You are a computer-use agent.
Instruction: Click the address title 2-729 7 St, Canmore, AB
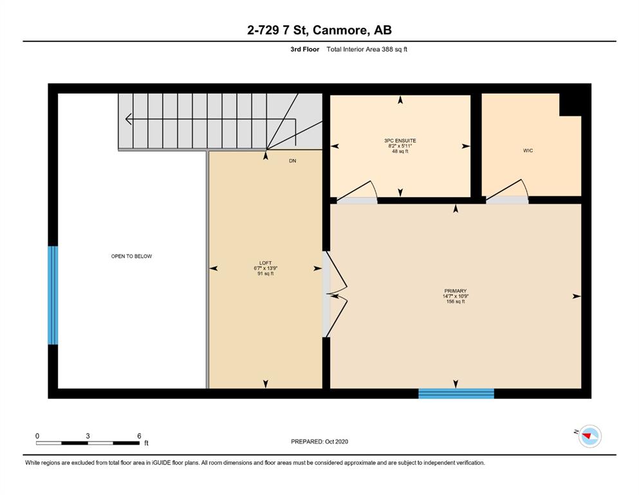point(319,30)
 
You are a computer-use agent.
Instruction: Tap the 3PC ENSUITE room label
point(400,141)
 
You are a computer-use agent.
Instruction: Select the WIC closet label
point(528,151)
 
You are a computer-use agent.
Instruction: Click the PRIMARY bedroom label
point(455,291)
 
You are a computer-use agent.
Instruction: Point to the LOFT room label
point(265,263)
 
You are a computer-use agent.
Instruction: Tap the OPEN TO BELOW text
point(132,257)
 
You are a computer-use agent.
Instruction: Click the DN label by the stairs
point(293,160)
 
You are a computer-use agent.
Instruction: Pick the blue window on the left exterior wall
point(53,295)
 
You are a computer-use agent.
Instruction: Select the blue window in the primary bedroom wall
point(456,394)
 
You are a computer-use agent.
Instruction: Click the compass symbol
point(589,436)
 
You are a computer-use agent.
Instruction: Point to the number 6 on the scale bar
point(139,436)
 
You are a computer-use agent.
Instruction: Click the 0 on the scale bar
point(37,436)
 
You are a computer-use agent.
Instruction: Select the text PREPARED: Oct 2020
point(319,442)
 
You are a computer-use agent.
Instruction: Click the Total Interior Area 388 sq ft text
point(367,50)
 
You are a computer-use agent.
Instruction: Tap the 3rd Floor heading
point(305,50)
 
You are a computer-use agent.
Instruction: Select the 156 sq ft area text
point(455,302)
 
